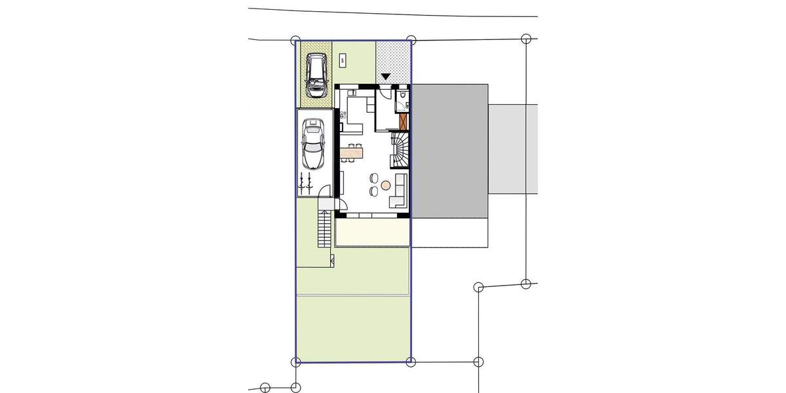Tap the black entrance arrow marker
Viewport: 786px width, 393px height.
coord(386,77)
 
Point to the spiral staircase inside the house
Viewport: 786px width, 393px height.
coord(400,149)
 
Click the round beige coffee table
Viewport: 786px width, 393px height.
coord(386,185)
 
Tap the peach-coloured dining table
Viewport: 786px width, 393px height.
coord(352,153)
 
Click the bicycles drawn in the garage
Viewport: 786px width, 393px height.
coord(305,182)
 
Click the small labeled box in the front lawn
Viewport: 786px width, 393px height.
coord(343,60)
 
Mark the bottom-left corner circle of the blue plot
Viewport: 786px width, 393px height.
coord(295,361)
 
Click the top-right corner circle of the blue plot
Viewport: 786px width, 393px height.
coord(411,40)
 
